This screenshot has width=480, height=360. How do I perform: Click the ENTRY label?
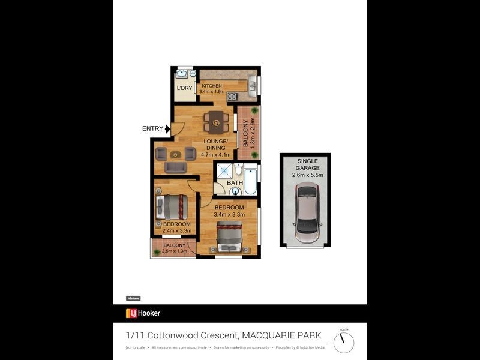[x=152, y=128]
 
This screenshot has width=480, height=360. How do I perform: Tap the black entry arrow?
[x=167, y=128]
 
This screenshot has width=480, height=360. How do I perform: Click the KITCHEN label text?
[x=212, y=86]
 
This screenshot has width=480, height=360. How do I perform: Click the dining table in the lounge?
[x=215, y=122]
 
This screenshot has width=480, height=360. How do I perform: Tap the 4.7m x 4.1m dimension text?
[x=215, y=155]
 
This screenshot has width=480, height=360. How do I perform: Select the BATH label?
[x=235, y=183]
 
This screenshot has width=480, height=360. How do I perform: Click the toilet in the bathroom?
[x=238, y=170]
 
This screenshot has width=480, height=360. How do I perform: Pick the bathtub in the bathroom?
[x=250, y=179]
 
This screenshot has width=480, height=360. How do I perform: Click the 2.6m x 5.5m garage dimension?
[x=308, y=175]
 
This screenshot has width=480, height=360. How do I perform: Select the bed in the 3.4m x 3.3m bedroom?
[x=229, y=236]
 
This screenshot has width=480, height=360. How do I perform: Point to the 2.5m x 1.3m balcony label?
[x=175, y=251]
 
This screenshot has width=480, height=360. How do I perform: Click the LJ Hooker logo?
[x=143, y=313]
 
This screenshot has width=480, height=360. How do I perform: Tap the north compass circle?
[x=344, y=343]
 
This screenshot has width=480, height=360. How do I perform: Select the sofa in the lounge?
[x=175, y=166]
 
